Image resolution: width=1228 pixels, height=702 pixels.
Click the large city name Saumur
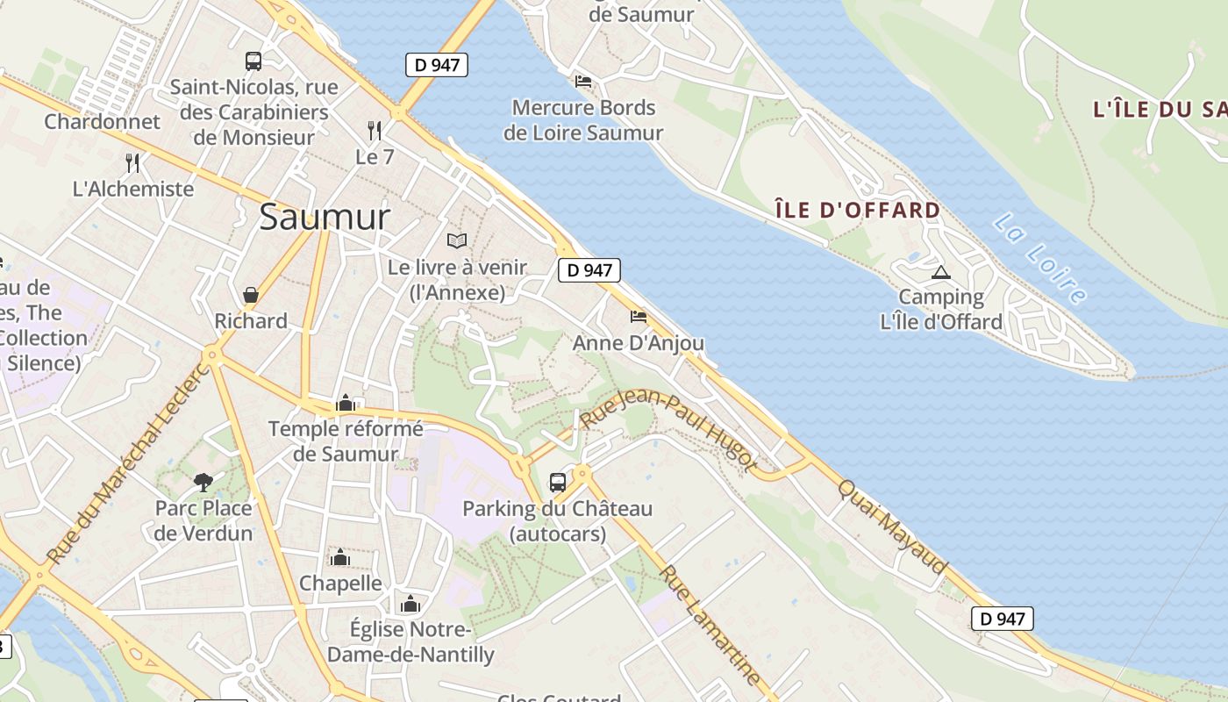324,217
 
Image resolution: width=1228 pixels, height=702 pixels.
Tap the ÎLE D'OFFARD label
858,210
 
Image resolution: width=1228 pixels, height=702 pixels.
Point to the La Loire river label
1040,258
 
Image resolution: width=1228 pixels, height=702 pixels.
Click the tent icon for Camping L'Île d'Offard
941,273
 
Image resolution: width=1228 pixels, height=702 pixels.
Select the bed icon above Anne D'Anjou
638,316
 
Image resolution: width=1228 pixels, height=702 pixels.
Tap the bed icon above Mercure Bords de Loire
583,82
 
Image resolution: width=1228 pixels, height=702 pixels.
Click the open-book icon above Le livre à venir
457,240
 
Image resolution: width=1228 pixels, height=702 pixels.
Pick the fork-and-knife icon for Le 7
375,131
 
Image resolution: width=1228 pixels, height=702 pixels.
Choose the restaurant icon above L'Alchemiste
132,162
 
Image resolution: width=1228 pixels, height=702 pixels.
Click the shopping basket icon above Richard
251,295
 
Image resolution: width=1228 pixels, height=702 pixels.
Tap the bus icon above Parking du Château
558,482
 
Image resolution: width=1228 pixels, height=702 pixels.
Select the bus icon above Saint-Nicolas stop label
253,61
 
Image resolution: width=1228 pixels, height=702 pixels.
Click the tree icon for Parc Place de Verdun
203,482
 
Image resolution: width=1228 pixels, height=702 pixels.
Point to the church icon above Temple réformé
346,403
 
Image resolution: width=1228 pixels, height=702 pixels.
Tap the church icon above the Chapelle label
340,557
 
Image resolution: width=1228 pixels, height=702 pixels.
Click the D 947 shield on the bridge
436,65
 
